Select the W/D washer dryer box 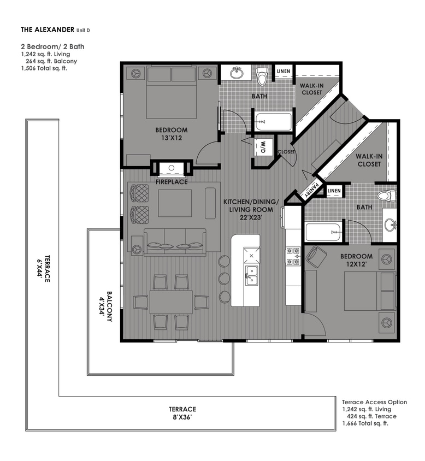[x=263, y=147]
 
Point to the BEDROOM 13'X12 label [x=171, y=134]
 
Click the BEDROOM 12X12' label [x=356, y=260]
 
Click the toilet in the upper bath [x=262, y=77]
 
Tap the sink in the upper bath [x=237, y=73]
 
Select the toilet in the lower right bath [x=386, y=196]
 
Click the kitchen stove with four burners [x=292, y=256]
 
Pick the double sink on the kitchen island [x=251, y=276]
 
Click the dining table [x=171, y=302]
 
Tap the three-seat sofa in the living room [x=175, y=241]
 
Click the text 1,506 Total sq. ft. [x=44, y=68]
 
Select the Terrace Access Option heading [x=374, y=402]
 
